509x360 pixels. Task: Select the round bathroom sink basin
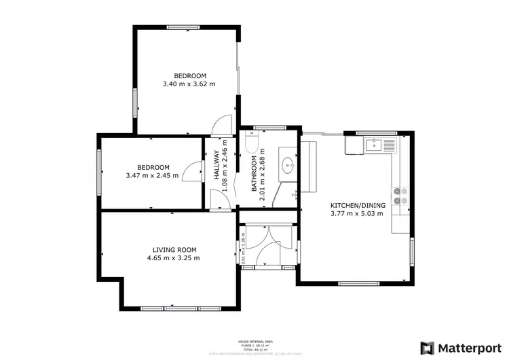click(x=288, y=164)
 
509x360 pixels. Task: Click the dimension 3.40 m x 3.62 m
click(x=189, y=84)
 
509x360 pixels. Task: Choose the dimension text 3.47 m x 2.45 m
click(x=152, y=175)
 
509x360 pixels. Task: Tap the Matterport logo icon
click(x=427, y=347)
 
